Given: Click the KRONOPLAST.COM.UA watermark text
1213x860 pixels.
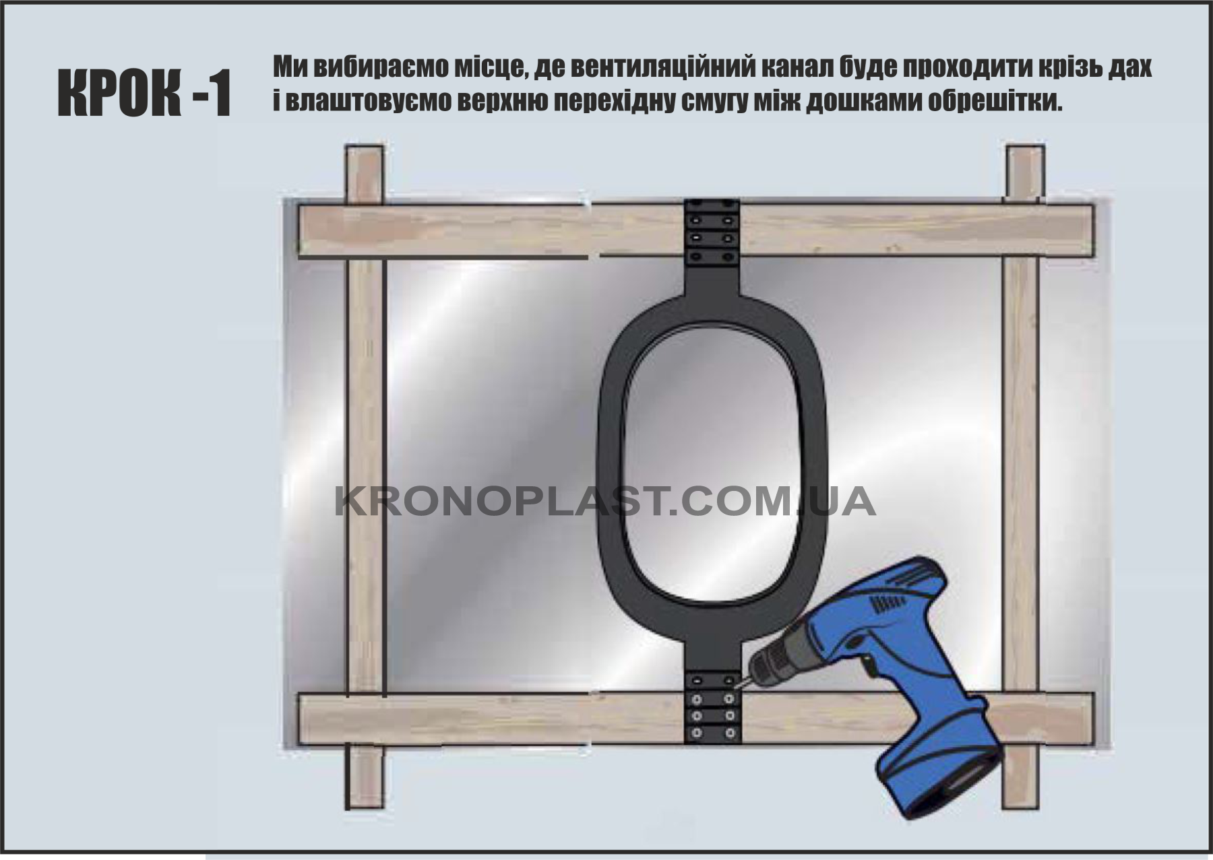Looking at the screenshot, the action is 605,502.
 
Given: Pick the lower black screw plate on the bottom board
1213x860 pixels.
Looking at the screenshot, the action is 712,708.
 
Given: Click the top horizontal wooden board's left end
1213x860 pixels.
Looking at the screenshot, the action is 299,231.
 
